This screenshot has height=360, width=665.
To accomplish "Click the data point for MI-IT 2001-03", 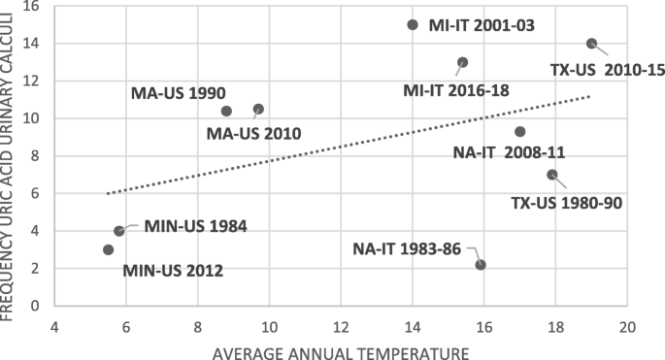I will point(413,24).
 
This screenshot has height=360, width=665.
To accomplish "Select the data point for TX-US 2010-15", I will point(591,44).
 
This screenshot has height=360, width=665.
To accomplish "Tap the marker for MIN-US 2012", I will point(108,249).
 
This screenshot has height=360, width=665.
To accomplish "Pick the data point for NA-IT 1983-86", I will point(481,265).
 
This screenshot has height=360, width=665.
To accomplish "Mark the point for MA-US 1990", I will point(226,111).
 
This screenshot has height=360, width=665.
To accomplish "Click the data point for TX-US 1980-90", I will point(552,175).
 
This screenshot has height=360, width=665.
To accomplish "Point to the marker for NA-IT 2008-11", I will point(520,131).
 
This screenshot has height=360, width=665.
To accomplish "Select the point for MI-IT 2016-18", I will point(463,62).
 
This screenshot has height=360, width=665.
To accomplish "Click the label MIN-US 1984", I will point(195,226).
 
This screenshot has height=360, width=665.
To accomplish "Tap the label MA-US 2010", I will point(253,134).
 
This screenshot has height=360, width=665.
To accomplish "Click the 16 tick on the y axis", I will point(38,7).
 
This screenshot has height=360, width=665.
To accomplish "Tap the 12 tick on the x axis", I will point(341,328).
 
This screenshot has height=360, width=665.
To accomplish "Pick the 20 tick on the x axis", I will point(627,328).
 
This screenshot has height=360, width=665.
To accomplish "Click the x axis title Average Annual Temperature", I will point(341,350).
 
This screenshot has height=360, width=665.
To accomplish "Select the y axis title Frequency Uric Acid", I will point(11,155).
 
